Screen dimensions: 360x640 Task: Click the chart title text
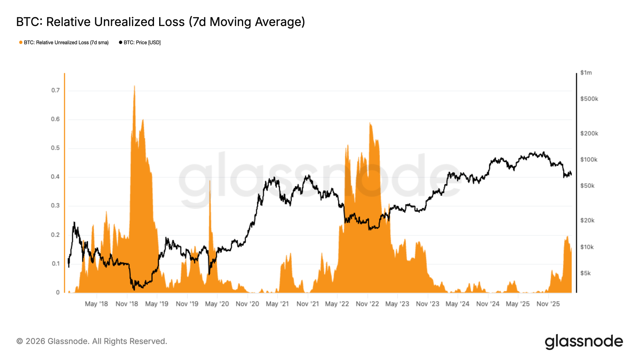pos(160,22)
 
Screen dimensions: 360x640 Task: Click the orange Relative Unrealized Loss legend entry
pos(64,42)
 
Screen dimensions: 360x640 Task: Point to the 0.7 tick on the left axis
pos(55,90)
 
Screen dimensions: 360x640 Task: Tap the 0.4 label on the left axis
pos(55,177)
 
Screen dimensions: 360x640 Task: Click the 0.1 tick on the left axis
pos(55,264)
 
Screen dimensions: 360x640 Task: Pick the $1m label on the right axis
pos(586,73)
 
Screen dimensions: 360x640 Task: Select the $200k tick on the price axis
pos(589,133)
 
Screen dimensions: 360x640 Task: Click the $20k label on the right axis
pos(587,220)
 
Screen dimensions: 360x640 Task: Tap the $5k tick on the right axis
pos(586,273)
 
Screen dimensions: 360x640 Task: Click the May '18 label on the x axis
pos(96,304)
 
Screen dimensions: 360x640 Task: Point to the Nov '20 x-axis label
pos(247,304)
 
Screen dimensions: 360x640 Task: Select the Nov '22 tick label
pos(367,304)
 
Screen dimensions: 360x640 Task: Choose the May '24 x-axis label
pos(457,304)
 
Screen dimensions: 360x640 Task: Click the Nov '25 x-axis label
pos(548,304)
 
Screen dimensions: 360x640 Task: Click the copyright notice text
pos(92,341)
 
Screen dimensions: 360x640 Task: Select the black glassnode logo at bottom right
pos(584,342)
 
